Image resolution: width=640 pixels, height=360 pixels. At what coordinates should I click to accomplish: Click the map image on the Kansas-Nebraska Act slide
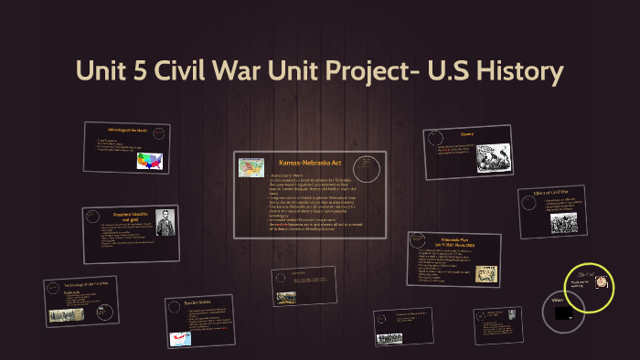tap(251, 166)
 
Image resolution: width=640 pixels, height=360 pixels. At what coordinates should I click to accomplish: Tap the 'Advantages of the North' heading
tap(127, 131)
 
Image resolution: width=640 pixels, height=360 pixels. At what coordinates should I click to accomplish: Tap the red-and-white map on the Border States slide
tap(179, 337)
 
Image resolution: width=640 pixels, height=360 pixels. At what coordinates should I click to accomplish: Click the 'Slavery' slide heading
tap(465, 133)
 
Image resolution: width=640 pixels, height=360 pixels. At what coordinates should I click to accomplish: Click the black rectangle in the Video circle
tap(564, 313)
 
